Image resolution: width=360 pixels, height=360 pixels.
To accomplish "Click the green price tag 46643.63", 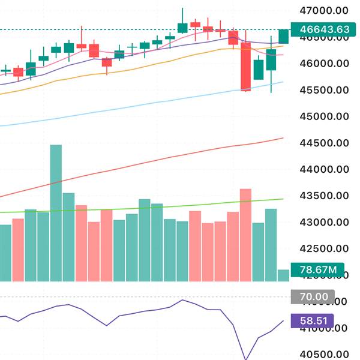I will (x=319, y=29).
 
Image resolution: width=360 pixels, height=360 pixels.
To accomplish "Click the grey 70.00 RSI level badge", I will (x=317, y=296).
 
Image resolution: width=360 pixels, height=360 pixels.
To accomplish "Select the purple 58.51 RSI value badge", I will (x=317, y=322).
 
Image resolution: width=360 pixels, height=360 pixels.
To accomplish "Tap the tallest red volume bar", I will (x=245, y=235).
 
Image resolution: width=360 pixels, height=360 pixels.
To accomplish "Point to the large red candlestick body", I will (x=245, y=66).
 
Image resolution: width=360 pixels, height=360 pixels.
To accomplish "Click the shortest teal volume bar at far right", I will (x=283, y=275).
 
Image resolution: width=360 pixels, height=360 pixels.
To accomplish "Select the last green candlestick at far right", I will (x=283, y=37).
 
